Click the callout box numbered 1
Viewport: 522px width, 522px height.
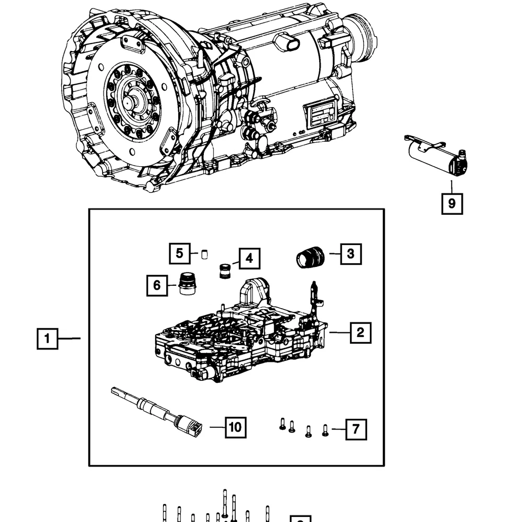coord(47,339)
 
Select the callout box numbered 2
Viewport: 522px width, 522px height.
coord(360,332)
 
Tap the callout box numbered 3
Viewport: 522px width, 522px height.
coord(351,254)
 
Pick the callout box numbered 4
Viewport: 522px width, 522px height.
coord(249,259)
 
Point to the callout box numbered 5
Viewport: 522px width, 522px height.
coord(179,253)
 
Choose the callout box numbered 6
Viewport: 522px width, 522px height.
coord(157,285)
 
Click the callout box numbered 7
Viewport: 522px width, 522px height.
coord(356,430)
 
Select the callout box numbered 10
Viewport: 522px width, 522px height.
coord(235,427)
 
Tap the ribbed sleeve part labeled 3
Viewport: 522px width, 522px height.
coord(310,256)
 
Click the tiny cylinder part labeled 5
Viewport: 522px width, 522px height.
coord(205,254)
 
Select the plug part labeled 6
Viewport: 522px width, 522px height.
coord(187,284)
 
